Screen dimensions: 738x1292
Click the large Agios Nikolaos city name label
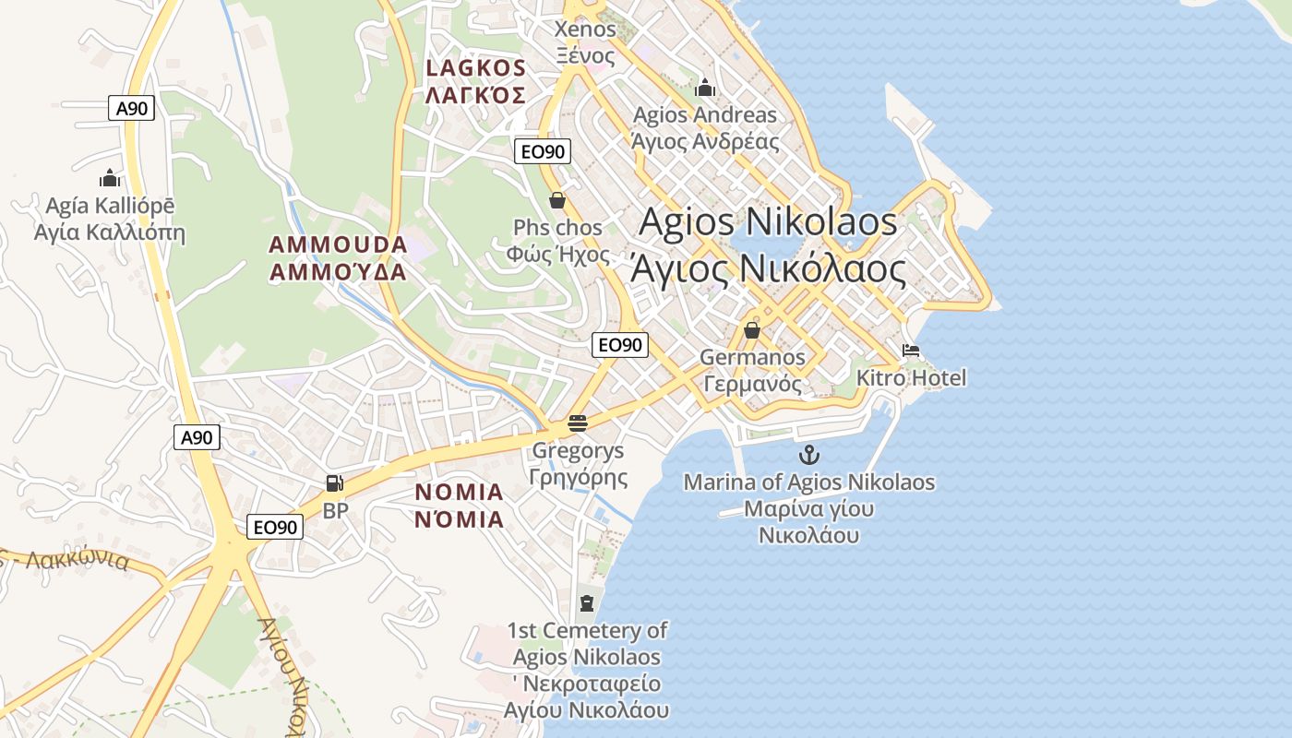click(x=768, y=245)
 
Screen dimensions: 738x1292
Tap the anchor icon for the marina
click(x=808, y=455)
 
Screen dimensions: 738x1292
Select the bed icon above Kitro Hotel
click(x=911, y=351)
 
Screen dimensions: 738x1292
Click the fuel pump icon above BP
click(x=335, y=482)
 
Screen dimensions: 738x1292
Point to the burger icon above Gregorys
click(x=578, y=423)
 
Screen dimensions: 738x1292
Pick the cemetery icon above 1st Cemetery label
click(x=586, y=603)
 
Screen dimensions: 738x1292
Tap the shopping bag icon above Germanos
click(x=752, y=330)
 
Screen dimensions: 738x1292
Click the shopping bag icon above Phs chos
click(x=557, y=200)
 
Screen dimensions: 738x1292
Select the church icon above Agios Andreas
click(x=705, y=88)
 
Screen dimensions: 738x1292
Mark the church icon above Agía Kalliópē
click(x=110, y=178)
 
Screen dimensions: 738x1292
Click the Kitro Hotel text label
click(x=911, y=378)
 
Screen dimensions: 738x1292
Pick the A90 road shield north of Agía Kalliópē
click(x=131, y=108)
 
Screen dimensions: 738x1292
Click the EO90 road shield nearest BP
click(x=275, y=527)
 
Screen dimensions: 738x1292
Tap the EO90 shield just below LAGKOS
click(x=543, y=151)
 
